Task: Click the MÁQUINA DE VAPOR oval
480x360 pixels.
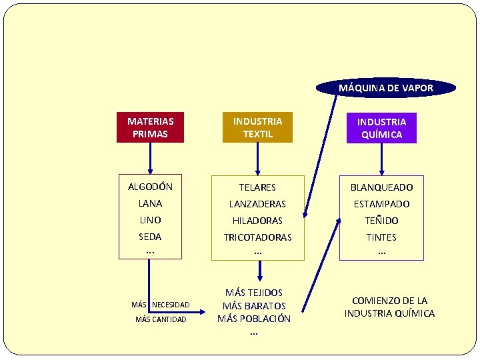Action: pyautogui.click(x=386, y=88)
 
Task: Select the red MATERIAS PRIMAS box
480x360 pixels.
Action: pyautogui.click(x=150, y=127)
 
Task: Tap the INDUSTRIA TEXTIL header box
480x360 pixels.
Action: pyautogui.click(x=257, y=127)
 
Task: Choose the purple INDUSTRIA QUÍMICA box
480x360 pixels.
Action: pyautogui.click(x=381, y=127)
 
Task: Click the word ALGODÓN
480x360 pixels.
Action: pyautogui.click(x=150, y=187)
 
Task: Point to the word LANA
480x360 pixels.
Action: pyautogui.click(x=150, y=203)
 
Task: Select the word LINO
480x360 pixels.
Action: pyautogui.click(x=150, y=220)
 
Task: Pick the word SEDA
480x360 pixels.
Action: pyautogui.click(x=150, y=237)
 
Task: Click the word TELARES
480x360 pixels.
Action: pyautogui.click(x=257, y=187)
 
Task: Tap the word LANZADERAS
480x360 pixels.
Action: pyautogui.click(x=257, y=204)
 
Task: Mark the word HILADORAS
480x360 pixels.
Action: pyautogui.click(x=257, y=221)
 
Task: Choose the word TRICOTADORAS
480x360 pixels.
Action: pyautogui.click(x=257, y=237)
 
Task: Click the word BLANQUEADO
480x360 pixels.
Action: pyautogui.click(x=381, y=187)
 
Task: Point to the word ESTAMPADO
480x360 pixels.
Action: pyautogui.click(x=381, y=204)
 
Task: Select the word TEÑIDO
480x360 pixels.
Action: pyautogui.click(x=381, y=221)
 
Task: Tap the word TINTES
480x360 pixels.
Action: pyautogui.click(x=381, y=237)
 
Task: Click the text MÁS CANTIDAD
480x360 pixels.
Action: pyautogui.click(x=161, y=319)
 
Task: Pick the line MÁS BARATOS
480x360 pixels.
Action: pyautogui.click(x=254, y=306)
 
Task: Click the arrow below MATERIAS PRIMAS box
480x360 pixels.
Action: pyautogui.click(x=150, y=157)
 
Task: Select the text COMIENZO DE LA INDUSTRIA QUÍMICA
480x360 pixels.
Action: pyautogui.click(x=389, y=307)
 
